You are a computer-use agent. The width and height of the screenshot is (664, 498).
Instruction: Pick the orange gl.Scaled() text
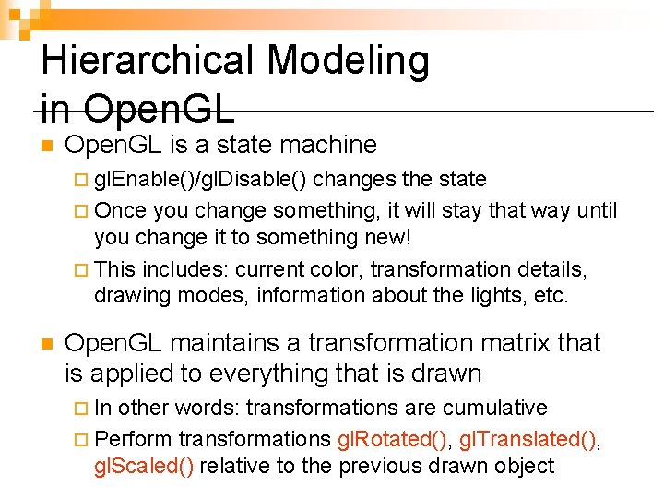click(x=144, y=466)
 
